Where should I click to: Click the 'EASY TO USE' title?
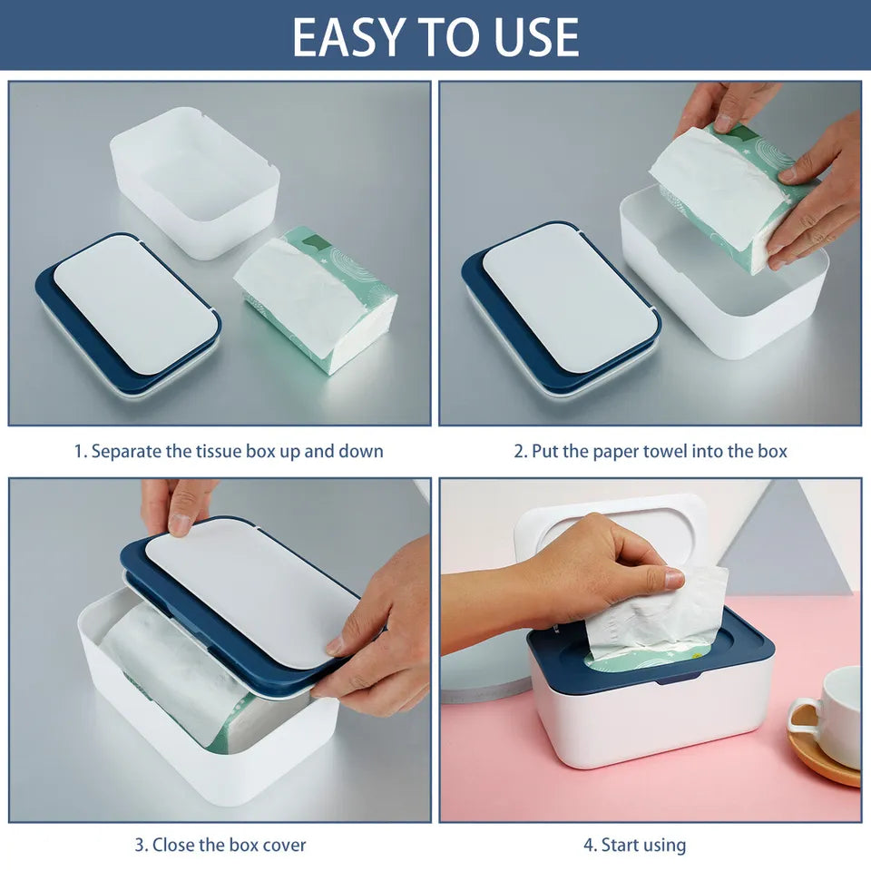[x=435, y=36]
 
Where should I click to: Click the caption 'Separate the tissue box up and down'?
[x=229, y=451]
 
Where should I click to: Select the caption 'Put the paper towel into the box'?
[x=651, y=451]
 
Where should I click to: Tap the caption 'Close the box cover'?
[x=220, y=845]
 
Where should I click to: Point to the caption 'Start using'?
[x=635, y=845]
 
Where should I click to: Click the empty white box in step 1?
[x=195, y=181]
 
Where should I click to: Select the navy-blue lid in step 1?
[x=127, y=313]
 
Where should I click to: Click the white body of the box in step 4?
[x=649, y=717]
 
